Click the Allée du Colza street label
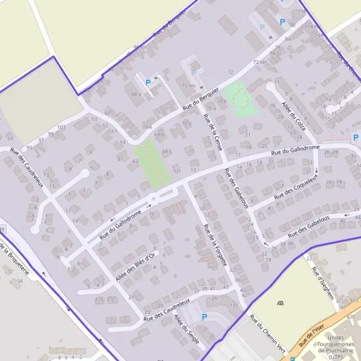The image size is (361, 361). click(x=293, y=116)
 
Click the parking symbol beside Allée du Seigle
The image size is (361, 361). click(x=204, y=317)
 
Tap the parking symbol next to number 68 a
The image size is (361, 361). click(x=148, y=82)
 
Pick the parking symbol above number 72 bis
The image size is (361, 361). click(x=193, y=73)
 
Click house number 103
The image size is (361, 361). click(x=61, y=127)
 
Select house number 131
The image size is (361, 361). click(x=234, y=306)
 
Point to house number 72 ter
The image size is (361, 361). click(x=260, y=61)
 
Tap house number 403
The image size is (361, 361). click(x=354, y=300)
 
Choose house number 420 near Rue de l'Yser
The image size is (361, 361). click(x=350, y=316)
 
